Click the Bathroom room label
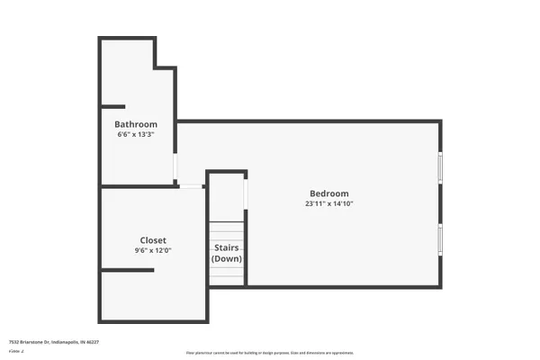136,124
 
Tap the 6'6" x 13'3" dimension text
136,135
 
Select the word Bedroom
328,193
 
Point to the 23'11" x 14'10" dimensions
328,204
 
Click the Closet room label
152,240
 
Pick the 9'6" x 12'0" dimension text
152,251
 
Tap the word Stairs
226,247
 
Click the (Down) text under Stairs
226,258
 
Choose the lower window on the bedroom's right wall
440,239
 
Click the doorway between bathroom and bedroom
176,167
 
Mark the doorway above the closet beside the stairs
192,186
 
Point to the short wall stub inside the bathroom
112,106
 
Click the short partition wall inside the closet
126,271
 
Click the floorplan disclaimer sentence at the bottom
270,353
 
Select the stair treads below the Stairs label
227,275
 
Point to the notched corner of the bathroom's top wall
157,66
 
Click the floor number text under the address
15,352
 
